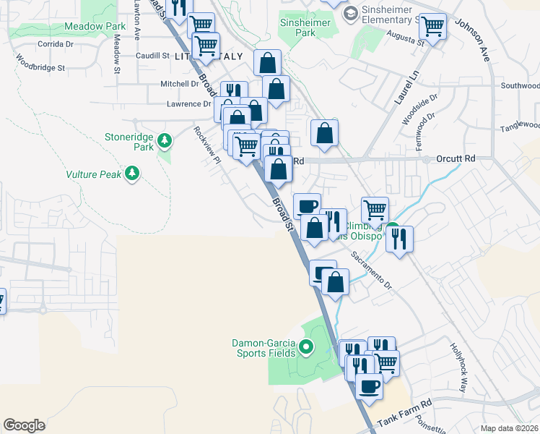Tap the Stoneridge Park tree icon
coord(165,140)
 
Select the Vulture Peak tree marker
coord(131,172)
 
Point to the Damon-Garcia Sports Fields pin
coord(305,348)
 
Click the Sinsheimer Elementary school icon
coord(351,12)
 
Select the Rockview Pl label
coord(206,145)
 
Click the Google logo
coord(24,425)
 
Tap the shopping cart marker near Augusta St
coord(432,27)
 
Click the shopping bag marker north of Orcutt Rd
coord(325,133)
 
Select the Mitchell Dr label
coord(179,84)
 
